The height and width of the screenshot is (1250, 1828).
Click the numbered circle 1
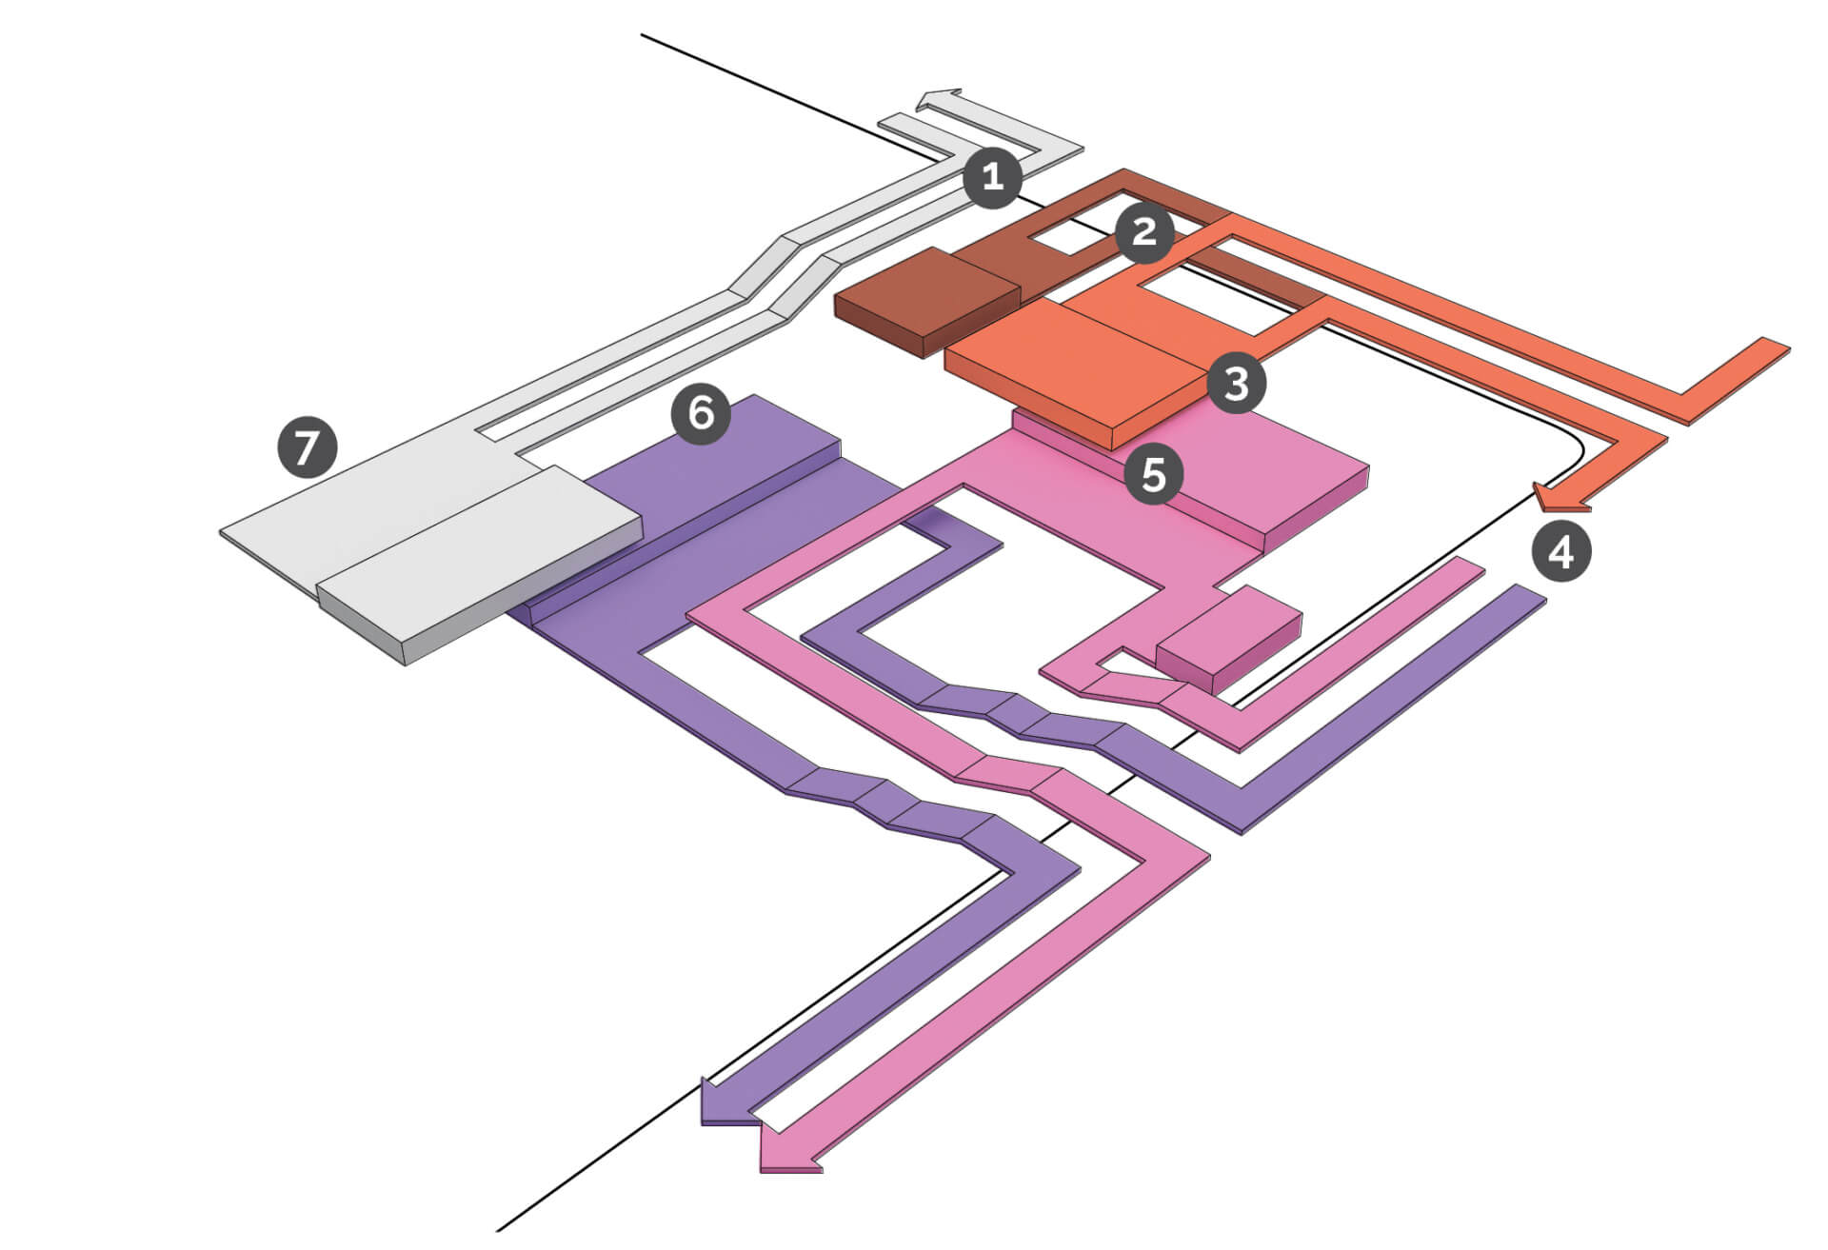(x=992, y=177)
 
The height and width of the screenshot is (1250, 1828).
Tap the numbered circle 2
(x=1143, y=231)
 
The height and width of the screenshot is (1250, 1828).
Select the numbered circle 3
(x=1236, y=384)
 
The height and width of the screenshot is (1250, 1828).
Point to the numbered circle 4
(x=1561, y=551)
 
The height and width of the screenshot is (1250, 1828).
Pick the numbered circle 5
(x=1154, y=473)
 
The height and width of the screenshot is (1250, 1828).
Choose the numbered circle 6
(x=701, y=414)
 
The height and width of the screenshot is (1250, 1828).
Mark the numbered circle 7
(x=307, y=446)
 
